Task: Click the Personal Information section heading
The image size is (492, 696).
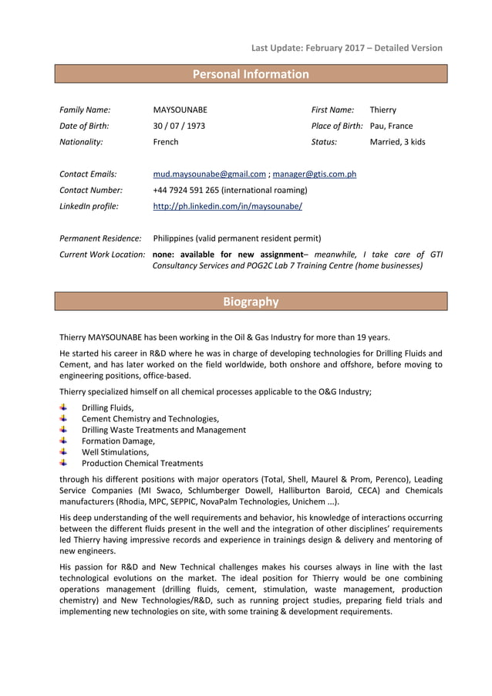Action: (250, 74)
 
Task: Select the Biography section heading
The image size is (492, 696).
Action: (250, 302)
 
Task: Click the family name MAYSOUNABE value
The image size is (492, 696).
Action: (180, 110)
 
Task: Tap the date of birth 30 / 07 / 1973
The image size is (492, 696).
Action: (179, 126)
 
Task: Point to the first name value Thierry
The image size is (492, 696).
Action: (382, 110)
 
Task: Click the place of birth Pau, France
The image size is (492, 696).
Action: (391, 126)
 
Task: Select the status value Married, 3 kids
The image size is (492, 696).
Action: (397, 142)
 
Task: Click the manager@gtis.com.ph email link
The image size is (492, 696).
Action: (315, 174)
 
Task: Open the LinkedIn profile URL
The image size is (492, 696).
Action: (227, 207)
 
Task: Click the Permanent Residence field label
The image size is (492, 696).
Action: (100, 238)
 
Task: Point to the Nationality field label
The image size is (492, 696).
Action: (81, 142)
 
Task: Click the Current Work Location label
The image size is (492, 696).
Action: (103, 254)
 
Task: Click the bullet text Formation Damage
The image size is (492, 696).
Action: (118, 441)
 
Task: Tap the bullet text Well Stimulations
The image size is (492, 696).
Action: (115, 452)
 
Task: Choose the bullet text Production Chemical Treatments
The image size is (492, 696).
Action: (142, 463)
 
